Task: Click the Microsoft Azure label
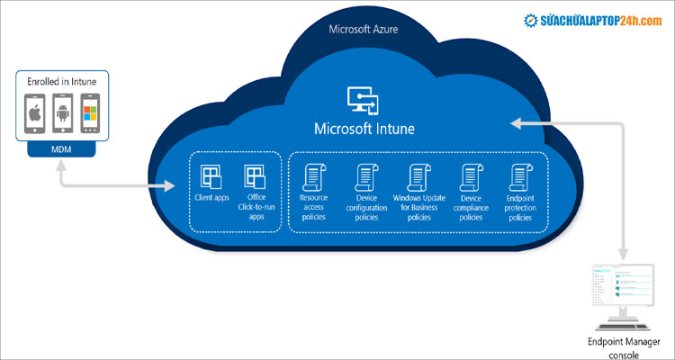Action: coord(364,30)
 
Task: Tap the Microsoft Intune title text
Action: coord(364,128)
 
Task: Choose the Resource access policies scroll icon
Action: coord(314,175)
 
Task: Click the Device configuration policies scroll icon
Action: coord(365,175)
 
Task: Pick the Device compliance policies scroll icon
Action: coord(471,175)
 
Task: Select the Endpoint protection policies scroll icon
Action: coord(520,175)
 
